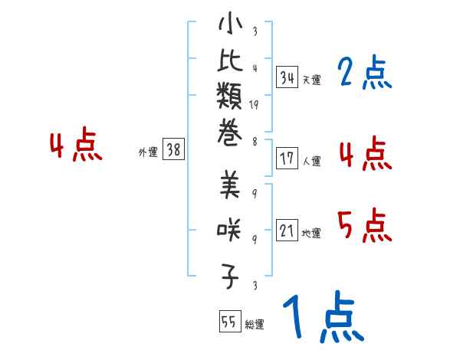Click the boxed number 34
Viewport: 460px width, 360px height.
[x=287, y=77]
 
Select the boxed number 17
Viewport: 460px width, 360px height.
[x=287, y=159]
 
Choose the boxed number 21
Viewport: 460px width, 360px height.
[x=287, y=231]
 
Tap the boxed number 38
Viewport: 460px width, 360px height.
[x=173, y=150]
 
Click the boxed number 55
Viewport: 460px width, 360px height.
[x=228, y=322]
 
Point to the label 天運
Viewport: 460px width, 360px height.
[x=311, y=80]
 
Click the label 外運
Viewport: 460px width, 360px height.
[x=148, y=152]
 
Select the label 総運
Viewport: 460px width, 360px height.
[x=255, y=325]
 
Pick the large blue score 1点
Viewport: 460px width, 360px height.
[x=322, y=319]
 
